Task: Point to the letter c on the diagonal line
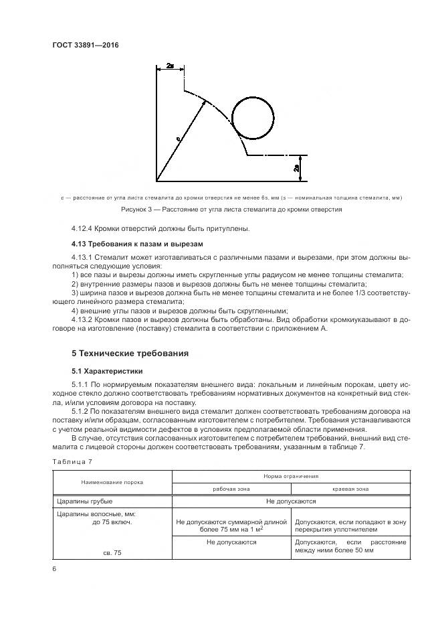click(x=178, y=139)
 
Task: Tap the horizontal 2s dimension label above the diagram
click(x=170, y=67)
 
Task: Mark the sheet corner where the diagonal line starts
click(x=156, y=180)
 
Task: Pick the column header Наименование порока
click(x=112, y=481)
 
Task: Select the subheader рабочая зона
click(x=231, y=488)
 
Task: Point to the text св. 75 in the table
click(x=112, y=553)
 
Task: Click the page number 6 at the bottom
click(x=53, y=568)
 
